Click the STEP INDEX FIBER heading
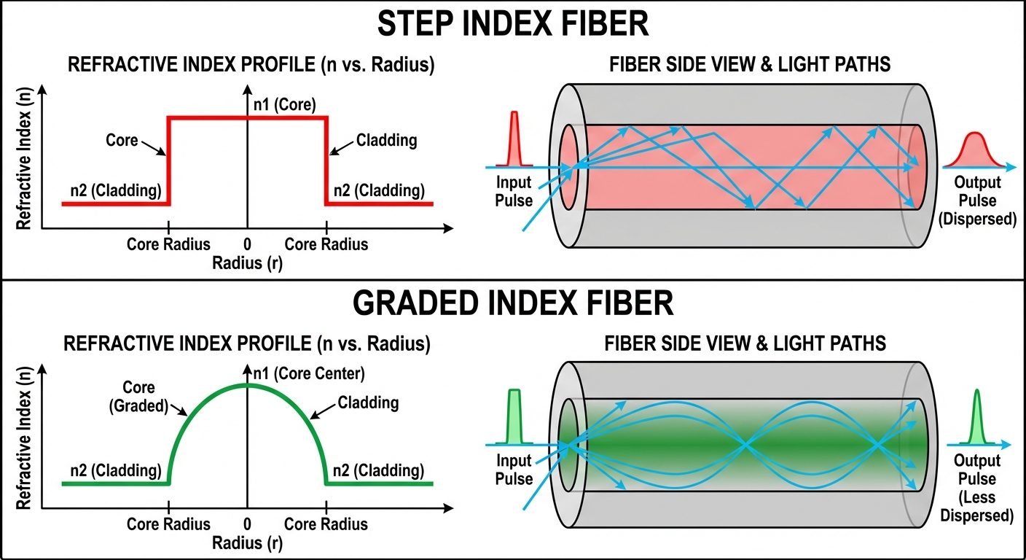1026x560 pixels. (x=512, y=24)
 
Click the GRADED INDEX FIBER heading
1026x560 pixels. (x=512, y=304)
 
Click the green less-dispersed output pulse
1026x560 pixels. (x=977, y=423)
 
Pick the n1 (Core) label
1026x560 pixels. (x=284, y=104)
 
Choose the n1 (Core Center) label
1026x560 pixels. (x=308, y=374)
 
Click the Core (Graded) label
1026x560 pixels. (x=139, y=396)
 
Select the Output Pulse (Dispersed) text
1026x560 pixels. (x=977, y=200)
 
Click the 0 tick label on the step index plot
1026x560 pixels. (x=248, y=244)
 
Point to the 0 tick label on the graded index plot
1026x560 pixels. (x=248, y=524)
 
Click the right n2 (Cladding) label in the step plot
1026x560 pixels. (x=379, y=191)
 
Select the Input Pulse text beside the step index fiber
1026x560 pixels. (x=514, y=191)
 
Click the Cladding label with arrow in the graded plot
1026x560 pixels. (x=369, y=402)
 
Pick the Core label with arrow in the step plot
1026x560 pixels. (x=122, y=139)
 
